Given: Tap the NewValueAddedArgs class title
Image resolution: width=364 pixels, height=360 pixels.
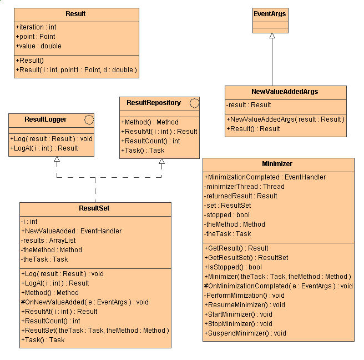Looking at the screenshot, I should pyautogui.click(x=285, y=92).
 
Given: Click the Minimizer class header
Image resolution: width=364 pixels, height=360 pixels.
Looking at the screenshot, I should pyautogui.click(x=277, y=164).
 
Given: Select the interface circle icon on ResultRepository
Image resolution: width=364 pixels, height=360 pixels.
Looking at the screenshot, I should pyautogui.click(x=194, y=103).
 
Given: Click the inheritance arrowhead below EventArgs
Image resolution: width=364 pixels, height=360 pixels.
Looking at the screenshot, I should pyautogui.click(x=271, y=36).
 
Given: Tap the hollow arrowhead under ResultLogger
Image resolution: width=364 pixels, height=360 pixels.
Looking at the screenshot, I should pyautogui.click(x=57, y=160).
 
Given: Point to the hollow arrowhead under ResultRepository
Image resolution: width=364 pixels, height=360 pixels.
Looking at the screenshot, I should pyautogui.click(x=161, y=163).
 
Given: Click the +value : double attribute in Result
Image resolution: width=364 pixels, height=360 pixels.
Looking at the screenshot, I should pyautogui.click(x=39, y=46).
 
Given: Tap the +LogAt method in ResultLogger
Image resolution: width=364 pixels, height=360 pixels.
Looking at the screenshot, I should pyautogui.click(x=44, y=148).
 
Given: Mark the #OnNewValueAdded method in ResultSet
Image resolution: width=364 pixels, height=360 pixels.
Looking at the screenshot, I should pyautogui.click(x=84, y=302).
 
